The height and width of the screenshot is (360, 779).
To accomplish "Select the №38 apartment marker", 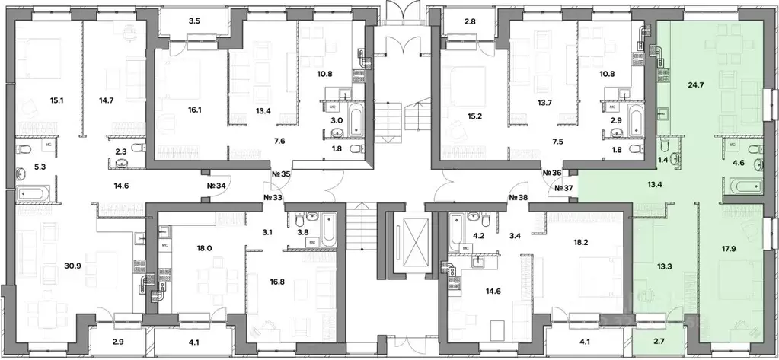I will pos(519,197).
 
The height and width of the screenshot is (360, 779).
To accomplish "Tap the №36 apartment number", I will pos(552,172).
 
